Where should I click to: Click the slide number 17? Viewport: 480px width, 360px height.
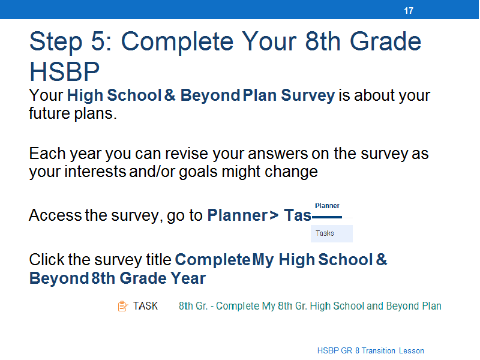click(409, 11)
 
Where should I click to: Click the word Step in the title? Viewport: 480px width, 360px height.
click(56, 42)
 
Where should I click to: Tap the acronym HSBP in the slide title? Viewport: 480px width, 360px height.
click(64, 71)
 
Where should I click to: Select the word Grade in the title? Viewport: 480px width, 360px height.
click(385, 41)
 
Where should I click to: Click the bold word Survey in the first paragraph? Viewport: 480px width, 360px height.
click(308, 95)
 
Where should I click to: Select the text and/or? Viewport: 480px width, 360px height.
click(152, 172)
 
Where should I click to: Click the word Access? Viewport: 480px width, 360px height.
click(55, 215)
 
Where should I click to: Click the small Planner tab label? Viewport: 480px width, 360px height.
click(327, 206)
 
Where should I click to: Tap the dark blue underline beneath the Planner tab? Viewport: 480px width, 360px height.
click(326, 217)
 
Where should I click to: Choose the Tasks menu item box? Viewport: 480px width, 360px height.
click(332, 233)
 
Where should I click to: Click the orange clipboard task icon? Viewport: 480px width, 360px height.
click(123, 306)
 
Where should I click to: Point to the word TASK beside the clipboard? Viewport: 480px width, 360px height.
click(145, 306)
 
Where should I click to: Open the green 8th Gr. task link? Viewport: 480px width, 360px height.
click(310, 306)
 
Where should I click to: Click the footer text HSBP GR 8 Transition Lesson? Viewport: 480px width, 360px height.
click(370, 350)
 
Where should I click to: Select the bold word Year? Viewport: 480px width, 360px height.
click(188, 278)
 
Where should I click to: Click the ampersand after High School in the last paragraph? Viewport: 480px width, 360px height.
click(382, 259)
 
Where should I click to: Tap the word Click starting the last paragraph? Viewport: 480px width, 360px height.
click(47, 259)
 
